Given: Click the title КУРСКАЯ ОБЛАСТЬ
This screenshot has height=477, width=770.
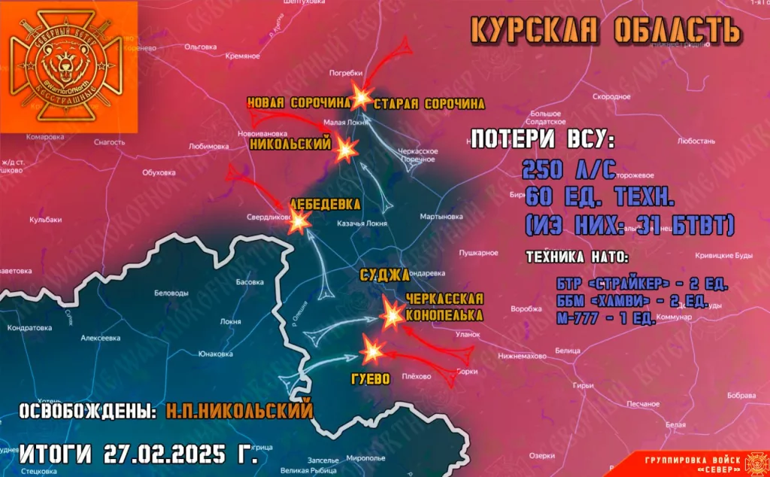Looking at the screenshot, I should (605, 30).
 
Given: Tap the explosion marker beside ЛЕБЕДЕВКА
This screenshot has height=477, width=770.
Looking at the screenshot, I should (299, 220).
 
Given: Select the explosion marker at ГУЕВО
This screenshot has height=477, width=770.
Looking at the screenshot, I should (372, 350).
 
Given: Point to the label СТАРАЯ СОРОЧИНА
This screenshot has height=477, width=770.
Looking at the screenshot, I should (429, 103).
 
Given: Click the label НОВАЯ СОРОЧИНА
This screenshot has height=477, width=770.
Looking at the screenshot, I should (299, 102).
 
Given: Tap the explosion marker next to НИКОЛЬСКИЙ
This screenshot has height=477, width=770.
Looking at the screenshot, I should (347, 150).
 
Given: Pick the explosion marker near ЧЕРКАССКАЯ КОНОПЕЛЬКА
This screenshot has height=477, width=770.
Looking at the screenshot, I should (393, 314).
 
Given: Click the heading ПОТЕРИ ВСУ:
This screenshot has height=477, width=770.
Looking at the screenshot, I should (542, 140).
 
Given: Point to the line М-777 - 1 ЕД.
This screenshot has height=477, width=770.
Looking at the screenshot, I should (605, 318).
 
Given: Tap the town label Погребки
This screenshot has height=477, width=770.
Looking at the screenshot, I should (347, 73).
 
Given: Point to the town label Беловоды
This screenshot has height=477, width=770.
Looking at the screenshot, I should (171, 292).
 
